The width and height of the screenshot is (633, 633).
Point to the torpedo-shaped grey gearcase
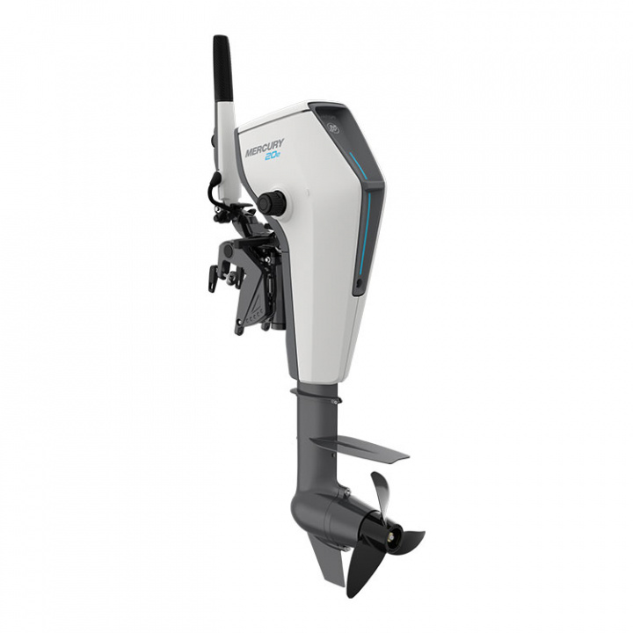(x=325, y=510)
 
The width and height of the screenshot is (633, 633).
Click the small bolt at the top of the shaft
(x=336, y=401)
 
